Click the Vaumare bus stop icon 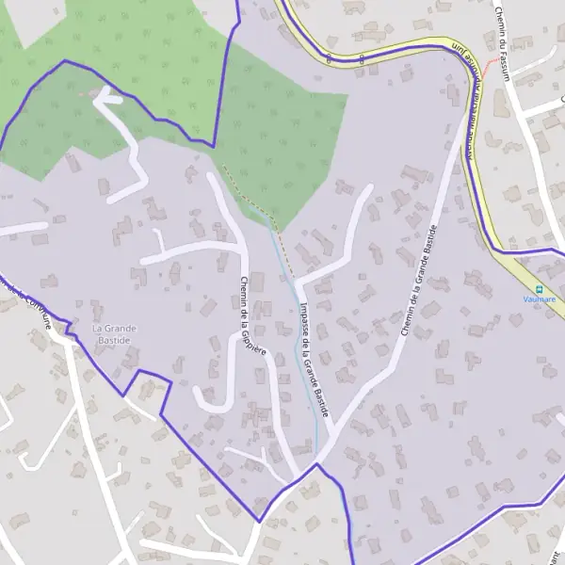click(540, 288)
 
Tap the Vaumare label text click(540, 299)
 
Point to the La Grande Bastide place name click(114, 333)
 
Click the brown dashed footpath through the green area click(250, 198)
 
